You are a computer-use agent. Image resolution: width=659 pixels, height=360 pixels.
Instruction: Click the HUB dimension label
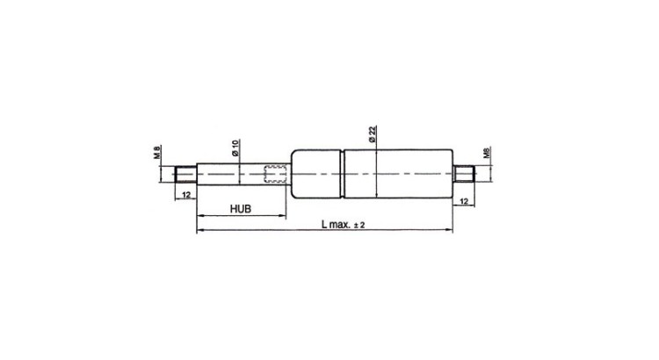click(x=241, y=208)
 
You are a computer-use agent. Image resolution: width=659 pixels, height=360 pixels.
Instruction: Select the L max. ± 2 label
click(x=344, y=224)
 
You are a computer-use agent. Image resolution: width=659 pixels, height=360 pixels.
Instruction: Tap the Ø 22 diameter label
click(x=373, y=134)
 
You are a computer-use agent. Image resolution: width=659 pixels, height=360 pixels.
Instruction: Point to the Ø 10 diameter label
click(x=235, y=148)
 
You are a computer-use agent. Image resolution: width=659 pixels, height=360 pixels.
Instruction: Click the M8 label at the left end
click(x=156, y=152)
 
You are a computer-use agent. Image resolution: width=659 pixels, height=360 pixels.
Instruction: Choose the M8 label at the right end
click(x=487, y=153)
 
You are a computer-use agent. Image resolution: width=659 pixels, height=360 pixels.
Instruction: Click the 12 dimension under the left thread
click(x=186, y=195)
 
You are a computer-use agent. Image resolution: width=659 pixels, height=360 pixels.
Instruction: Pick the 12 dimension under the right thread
click(x=464, y=202)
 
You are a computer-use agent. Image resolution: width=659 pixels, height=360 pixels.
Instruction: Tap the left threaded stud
click(x=185, y=174)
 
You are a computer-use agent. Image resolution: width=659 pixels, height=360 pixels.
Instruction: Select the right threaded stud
click(x=464, y=174)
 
